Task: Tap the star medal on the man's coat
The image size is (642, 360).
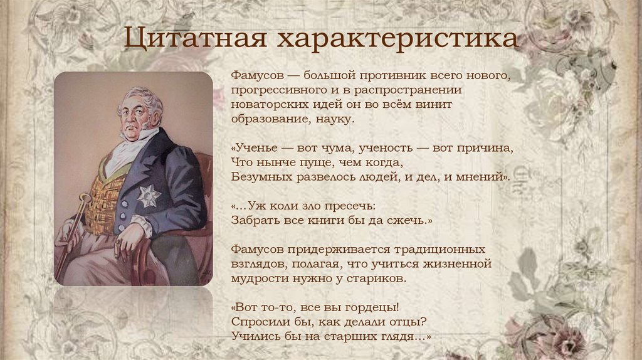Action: [x=149, y=195]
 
